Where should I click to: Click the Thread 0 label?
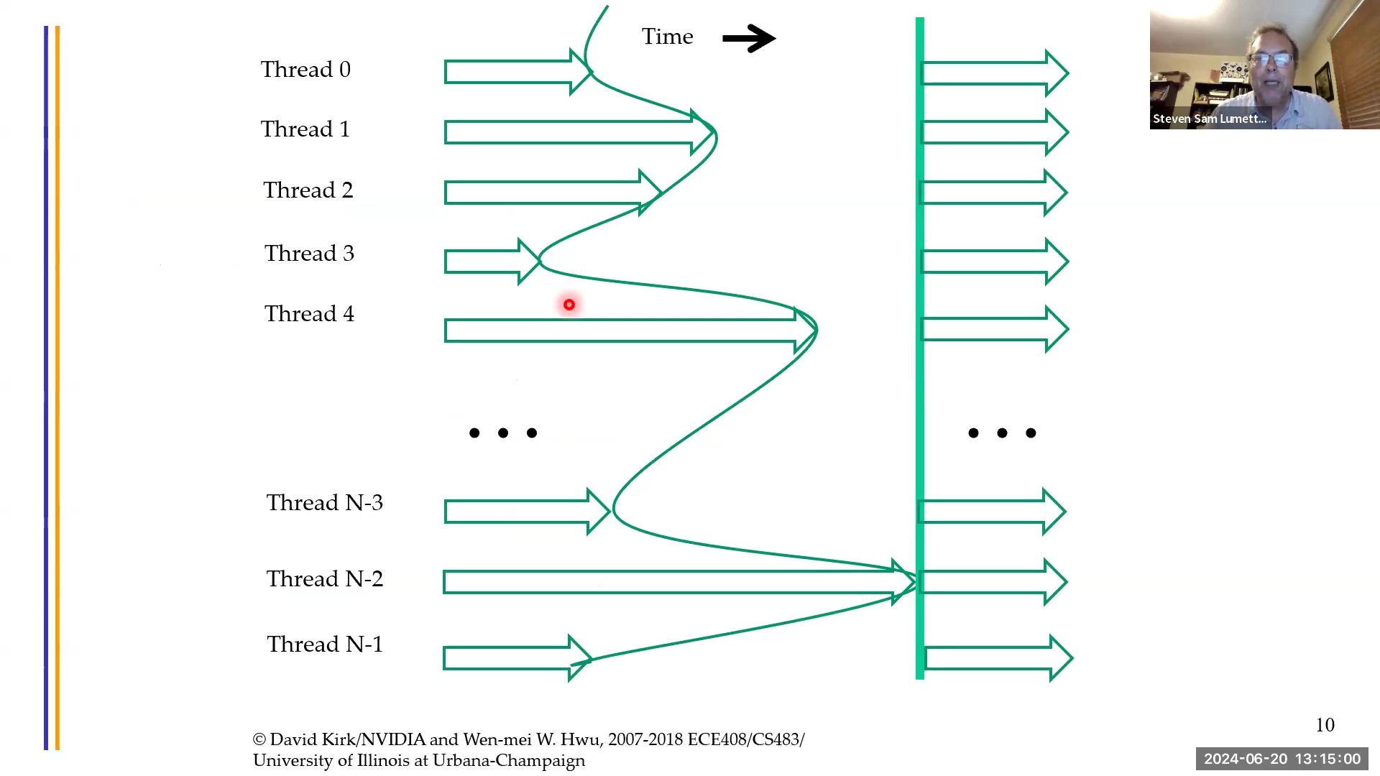(x=305, y=70)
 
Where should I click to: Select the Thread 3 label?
(x=309, y=254)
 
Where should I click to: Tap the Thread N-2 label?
(x=324, y=579)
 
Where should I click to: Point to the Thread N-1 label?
(x=324, y=645)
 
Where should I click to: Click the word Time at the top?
(x=667, y=37)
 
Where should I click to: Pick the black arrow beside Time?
(x=748, y=38)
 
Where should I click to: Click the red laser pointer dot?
(x=569, y=305)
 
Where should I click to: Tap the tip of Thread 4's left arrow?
(x=814, y=331)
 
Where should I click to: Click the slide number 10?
(x=1325, y=725)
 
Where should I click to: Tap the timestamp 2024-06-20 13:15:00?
(x=1282, y=759)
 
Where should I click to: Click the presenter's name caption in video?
(x=1209, y=119)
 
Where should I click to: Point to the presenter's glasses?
(x=1271, y=59)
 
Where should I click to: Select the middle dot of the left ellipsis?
(x=502, y=433)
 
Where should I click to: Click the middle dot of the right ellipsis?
(x=1002, y=433)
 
